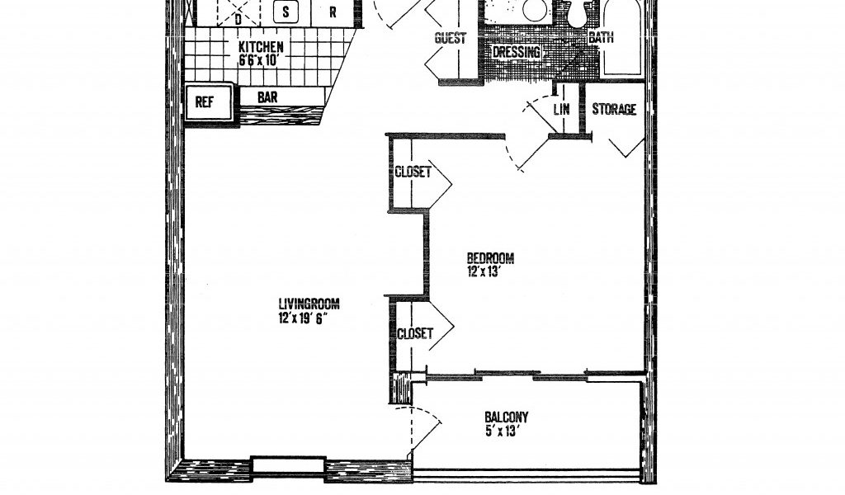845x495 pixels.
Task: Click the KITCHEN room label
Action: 261,46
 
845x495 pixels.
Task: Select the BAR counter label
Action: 267,97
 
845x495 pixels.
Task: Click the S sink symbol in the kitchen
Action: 286,12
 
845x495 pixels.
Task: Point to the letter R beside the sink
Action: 333,12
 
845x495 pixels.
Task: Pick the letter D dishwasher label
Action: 238,20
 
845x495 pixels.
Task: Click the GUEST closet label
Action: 450,38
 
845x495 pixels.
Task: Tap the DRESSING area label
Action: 517,52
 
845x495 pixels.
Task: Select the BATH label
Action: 601,38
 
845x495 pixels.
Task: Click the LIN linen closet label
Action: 561,110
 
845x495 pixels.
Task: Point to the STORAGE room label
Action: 614,110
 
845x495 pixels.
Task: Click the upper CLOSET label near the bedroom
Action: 413,172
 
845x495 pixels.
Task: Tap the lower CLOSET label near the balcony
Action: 415,333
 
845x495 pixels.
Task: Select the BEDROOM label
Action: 490,258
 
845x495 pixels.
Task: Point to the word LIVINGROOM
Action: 309,304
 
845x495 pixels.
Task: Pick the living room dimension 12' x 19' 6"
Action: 304,318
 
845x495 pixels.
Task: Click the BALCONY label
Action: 507,417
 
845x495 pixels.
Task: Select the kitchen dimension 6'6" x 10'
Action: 258,59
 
